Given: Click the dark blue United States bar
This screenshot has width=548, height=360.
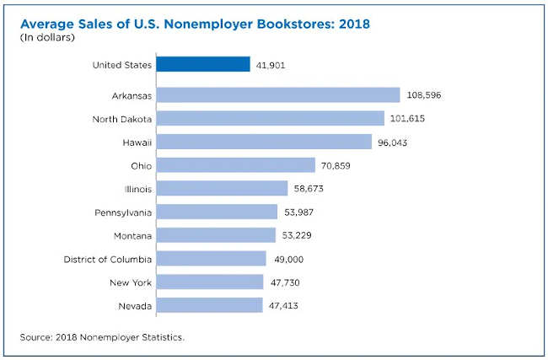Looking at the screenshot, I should pyautogui.click(x=202, y=64).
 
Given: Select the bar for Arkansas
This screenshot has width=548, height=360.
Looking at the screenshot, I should pyautogui.click(x=277, y=95).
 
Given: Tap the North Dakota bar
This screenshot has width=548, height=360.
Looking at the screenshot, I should pyautogui.click(x=270, y=119).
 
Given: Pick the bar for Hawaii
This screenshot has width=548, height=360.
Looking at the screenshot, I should pyautogui.click(x=264, y=142).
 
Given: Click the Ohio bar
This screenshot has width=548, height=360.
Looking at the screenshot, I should pyautogui.click(x=235, y=165).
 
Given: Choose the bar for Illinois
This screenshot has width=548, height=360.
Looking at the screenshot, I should pyautogui.click(x=220, y=188).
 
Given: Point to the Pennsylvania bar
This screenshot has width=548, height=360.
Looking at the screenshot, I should pyautogui.click(x=217, y=212).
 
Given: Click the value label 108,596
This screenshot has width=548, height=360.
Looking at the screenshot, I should pyautogui.click(x=423, y=95).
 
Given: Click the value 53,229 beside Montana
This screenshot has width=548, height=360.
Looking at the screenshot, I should pyautogui.click(x=299, y=234).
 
